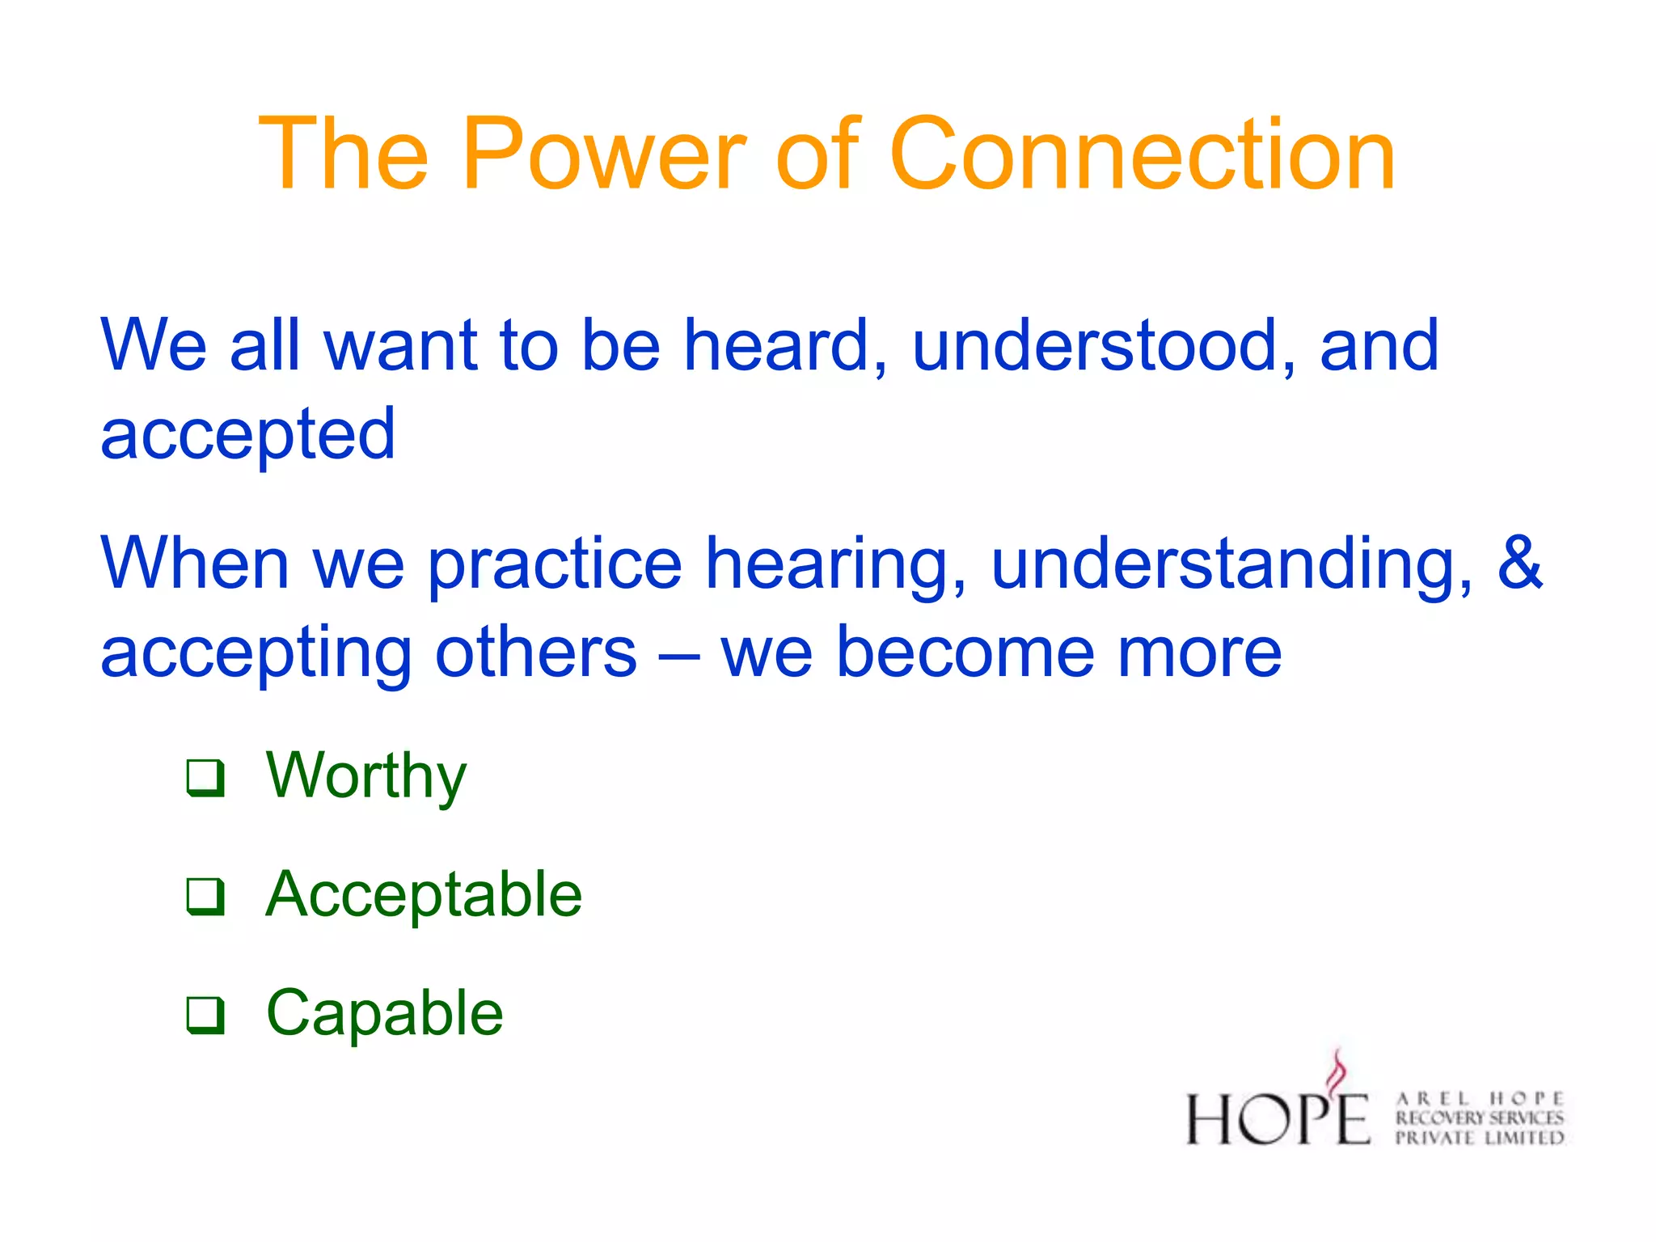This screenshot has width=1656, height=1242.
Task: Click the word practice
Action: point(555,564)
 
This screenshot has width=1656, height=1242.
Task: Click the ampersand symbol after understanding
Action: point(1519,562)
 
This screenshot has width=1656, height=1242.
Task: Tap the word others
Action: point(536,653)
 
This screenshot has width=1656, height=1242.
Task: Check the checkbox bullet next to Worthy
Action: point(205,777)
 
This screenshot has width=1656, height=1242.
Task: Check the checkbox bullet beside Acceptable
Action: point(205,896)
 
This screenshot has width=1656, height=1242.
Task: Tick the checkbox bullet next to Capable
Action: point(205,1014)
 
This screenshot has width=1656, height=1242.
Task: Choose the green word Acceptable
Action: point(424,894)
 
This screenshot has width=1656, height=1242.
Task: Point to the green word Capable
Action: point(385,1013)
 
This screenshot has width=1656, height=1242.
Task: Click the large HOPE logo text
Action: point(1278,1119)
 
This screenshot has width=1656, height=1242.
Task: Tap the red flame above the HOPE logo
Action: point(1338,1071)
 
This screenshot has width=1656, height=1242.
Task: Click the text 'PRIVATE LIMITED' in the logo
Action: point(1480,1138)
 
